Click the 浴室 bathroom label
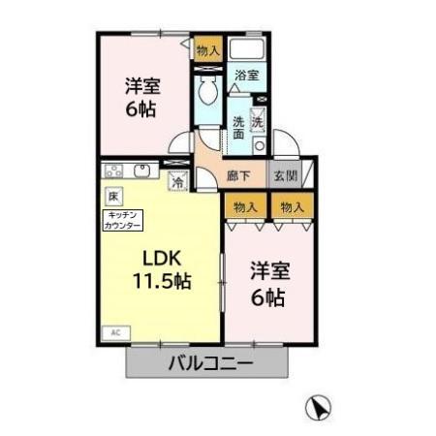click(x=246, y=76)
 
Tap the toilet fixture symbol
click(x=206, y=94)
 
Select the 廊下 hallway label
click(x=238, y=176)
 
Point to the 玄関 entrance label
click(x=285, y=176)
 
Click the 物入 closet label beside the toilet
click(x=207, y=49)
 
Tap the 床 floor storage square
click(x=113, y=195)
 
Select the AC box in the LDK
click(x=114, y=331)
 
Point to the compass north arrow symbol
click(x=319, y=408)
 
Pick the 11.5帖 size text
click(x=162, y=281)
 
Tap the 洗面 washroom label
click(x=238, y=128)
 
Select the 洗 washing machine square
click(x=258, y=122)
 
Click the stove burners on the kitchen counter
click(x=114, y=172)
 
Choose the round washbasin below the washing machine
click(x=259, y=145)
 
